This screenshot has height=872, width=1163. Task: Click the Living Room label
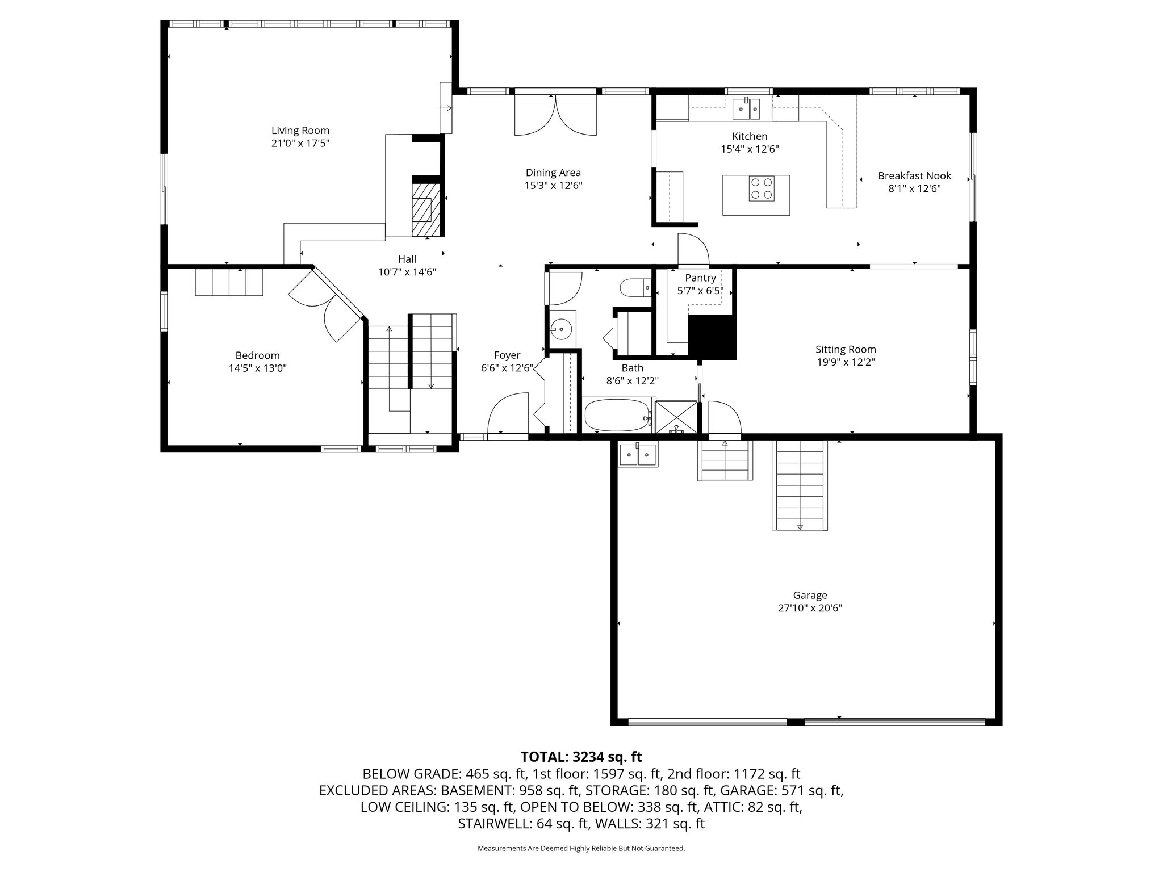coord(300,131)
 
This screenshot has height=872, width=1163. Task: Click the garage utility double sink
coord(638,455)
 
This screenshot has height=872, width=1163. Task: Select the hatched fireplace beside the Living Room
coord(425,209)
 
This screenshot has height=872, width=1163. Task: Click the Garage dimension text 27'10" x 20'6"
coord(810,608)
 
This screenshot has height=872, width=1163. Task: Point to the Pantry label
coord(700,278)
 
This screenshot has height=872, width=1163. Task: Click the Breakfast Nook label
coord(914,176)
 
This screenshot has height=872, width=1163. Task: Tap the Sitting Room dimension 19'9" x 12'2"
coord(846,362)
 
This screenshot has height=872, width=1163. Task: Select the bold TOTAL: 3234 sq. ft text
coord(581,757)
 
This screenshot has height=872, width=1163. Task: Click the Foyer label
coord(507,355)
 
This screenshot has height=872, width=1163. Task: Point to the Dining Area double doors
coord(555,115)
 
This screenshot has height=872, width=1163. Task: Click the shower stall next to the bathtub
coord(676,417)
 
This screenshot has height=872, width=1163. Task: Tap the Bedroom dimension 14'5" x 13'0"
coord(257,368)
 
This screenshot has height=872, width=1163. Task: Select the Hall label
coord(407,259)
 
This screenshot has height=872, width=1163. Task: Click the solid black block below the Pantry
coord(712,337)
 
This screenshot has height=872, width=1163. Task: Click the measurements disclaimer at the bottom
coord(581,849)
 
